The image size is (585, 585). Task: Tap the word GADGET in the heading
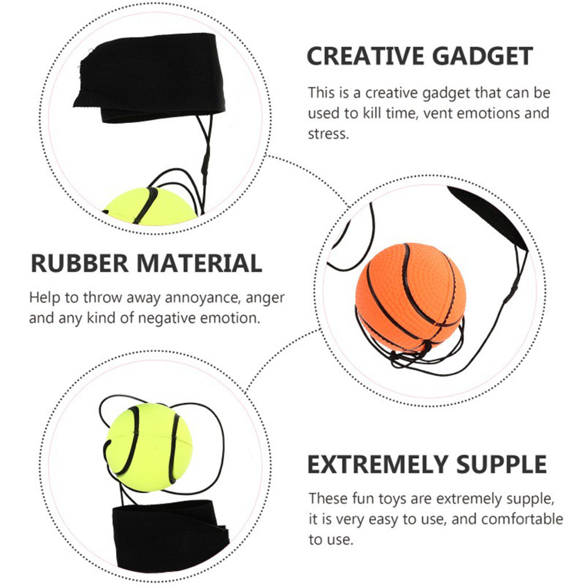tap(483, 57)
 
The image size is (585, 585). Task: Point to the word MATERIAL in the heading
tap(199, 263)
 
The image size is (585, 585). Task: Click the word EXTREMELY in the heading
tap(378, 464)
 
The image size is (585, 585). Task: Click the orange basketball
tap(410, 297)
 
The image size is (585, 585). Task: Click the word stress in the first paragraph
tap(328, 134)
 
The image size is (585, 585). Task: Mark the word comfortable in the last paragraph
tap(507, 519)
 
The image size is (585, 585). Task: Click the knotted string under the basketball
tap(408, 356)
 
